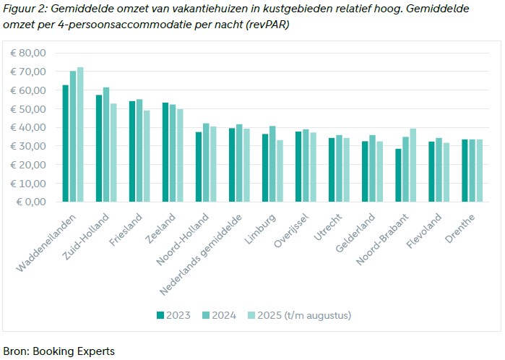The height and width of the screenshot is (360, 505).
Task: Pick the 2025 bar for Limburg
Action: pos(280,171)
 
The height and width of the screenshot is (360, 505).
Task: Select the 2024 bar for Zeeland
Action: pos(172,153)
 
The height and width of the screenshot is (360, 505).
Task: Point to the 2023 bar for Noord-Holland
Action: pos(199,167)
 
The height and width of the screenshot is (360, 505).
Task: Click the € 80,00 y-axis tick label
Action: pos(28,53)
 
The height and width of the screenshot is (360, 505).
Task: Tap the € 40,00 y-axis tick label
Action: pos(28,127)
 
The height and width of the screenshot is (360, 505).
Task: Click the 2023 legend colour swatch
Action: pos(160,314)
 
